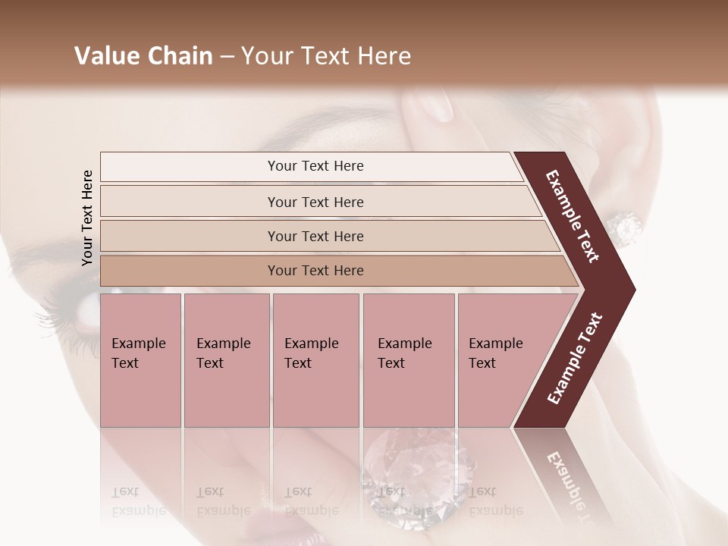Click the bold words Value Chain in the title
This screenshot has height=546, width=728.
143,56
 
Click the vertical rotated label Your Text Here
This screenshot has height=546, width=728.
87,218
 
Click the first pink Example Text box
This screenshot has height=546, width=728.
140,360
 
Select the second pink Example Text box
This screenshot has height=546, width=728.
226,360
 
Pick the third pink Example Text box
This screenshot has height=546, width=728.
315,360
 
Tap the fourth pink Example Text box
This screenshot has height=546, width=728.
409,360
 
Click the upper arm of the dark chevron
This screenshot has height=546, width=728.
573,216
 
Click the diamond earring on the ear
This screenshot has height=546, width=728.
626,225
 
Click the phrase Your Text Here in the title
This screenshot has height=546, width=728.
326,56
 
